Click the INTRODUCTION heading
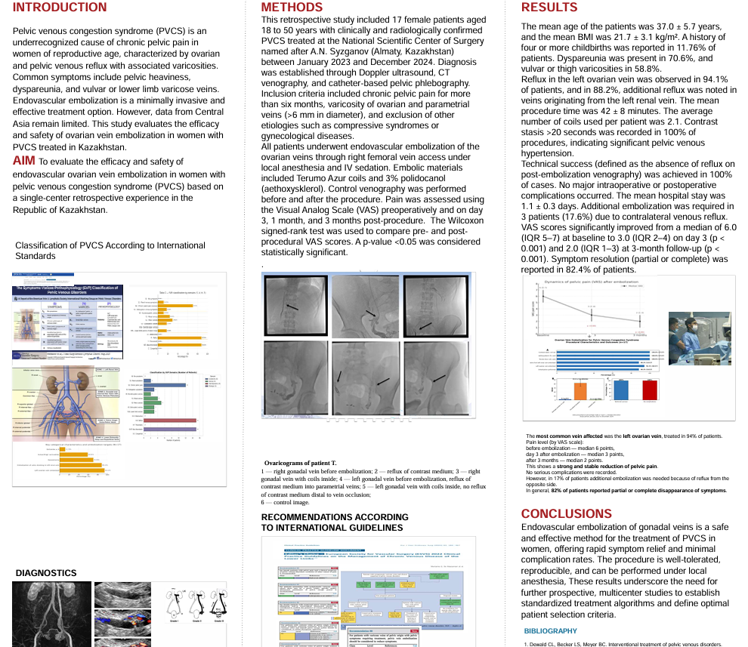pyautogui.click(x=60, y=8)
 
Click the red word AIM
pyautogui.click(x=23, y=161)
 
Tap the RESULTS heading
pyautogui.click(x=549, y=8)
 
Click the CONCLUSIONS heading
pyautogui.click(x=567, y=514)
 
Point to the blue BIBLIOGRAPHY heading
pyautogui.click(x=551, y=631)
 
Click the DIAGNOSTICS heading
pyautogui.click(x=46, y=573)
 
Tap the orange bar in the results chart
pyautogui.click(x=580, y=390)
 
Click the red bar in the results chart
pyautogui.click(x=650, y=390)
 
